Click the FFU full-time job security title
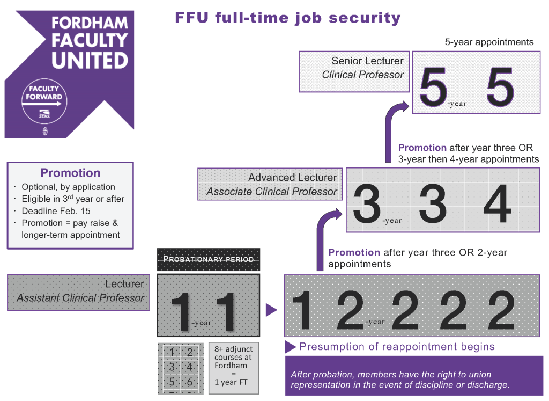pos(288,18)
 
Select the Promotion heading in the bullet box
pos(70,173)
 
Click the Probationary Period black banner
pos(209,259)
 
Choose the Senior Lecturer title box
pos(353,71)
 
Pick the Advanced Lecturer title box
pos(270,184)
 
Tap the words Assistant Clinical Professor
pos(80,298)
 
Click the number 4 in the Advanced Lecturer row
pos(497,203)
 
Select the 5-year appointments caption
pos(489,42)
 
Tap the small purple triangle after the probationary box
pos(271,310)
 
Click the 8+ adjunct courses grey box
pos(233,368)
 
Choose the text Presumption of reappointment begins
pos(397,346)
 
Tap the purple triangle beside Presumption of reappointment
pos(290,347)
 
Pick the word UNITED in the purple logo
pos(90,60)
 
